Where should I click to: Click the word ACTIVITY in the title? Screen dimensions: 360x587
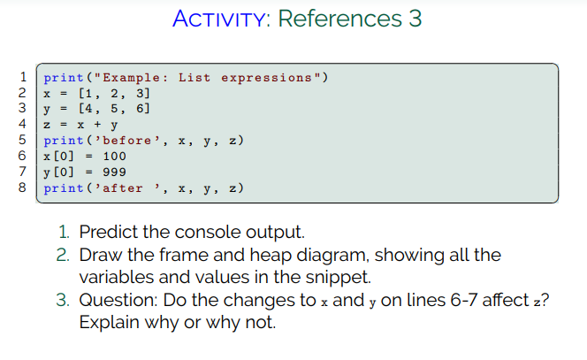click(220, 19)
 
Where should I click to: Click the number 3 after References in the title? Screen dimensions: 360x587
click(415, 19)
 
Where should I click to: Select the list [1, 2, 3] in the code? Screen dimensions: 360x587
click(115, 93)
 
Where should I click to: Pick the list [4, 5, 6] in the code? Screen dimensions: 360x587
click(115, 109)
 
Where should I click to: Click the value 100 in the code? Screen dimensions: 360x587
click(114, 157)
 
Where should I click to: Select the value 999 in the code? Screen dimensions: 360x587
click(114, 172)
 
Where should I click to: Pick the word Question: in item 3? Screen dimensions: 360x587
click(118, 300)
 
